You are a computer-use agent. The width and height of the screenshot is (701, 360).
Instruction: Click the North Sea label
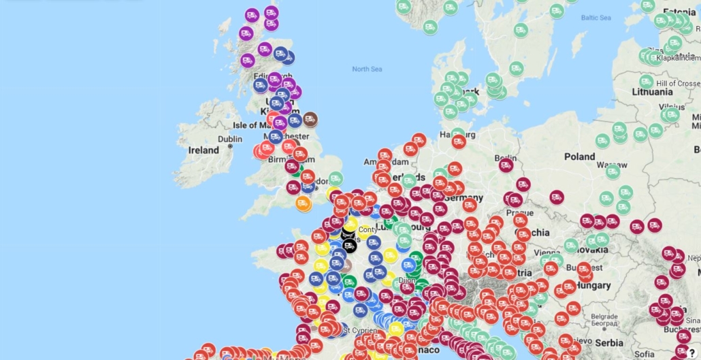coord(367,69)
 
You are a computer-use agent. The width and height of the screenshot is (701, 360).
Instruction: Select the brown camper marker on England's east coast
coord(310,119)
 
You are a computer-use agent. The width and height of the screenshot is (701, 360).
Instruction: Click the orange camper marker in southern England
coord(304,203)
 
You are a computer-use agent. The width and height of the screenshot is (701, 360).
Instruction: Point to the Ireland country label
coord(203,150)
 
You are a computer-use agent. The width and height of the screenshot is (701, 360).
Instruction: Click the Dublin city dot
coord(231,146)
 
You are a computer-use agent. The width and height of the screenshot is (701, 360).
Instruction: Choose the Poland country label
coord(579,156)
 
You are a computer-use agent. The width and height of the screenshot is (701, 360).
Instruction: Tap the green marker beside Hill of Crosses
coord(646,82)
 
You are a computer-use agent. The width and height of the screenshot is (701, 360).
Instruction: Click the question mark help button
coord(691,352)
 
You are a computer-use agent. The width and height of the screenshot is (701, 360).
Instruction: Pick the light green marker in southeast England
coord(335,179)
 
